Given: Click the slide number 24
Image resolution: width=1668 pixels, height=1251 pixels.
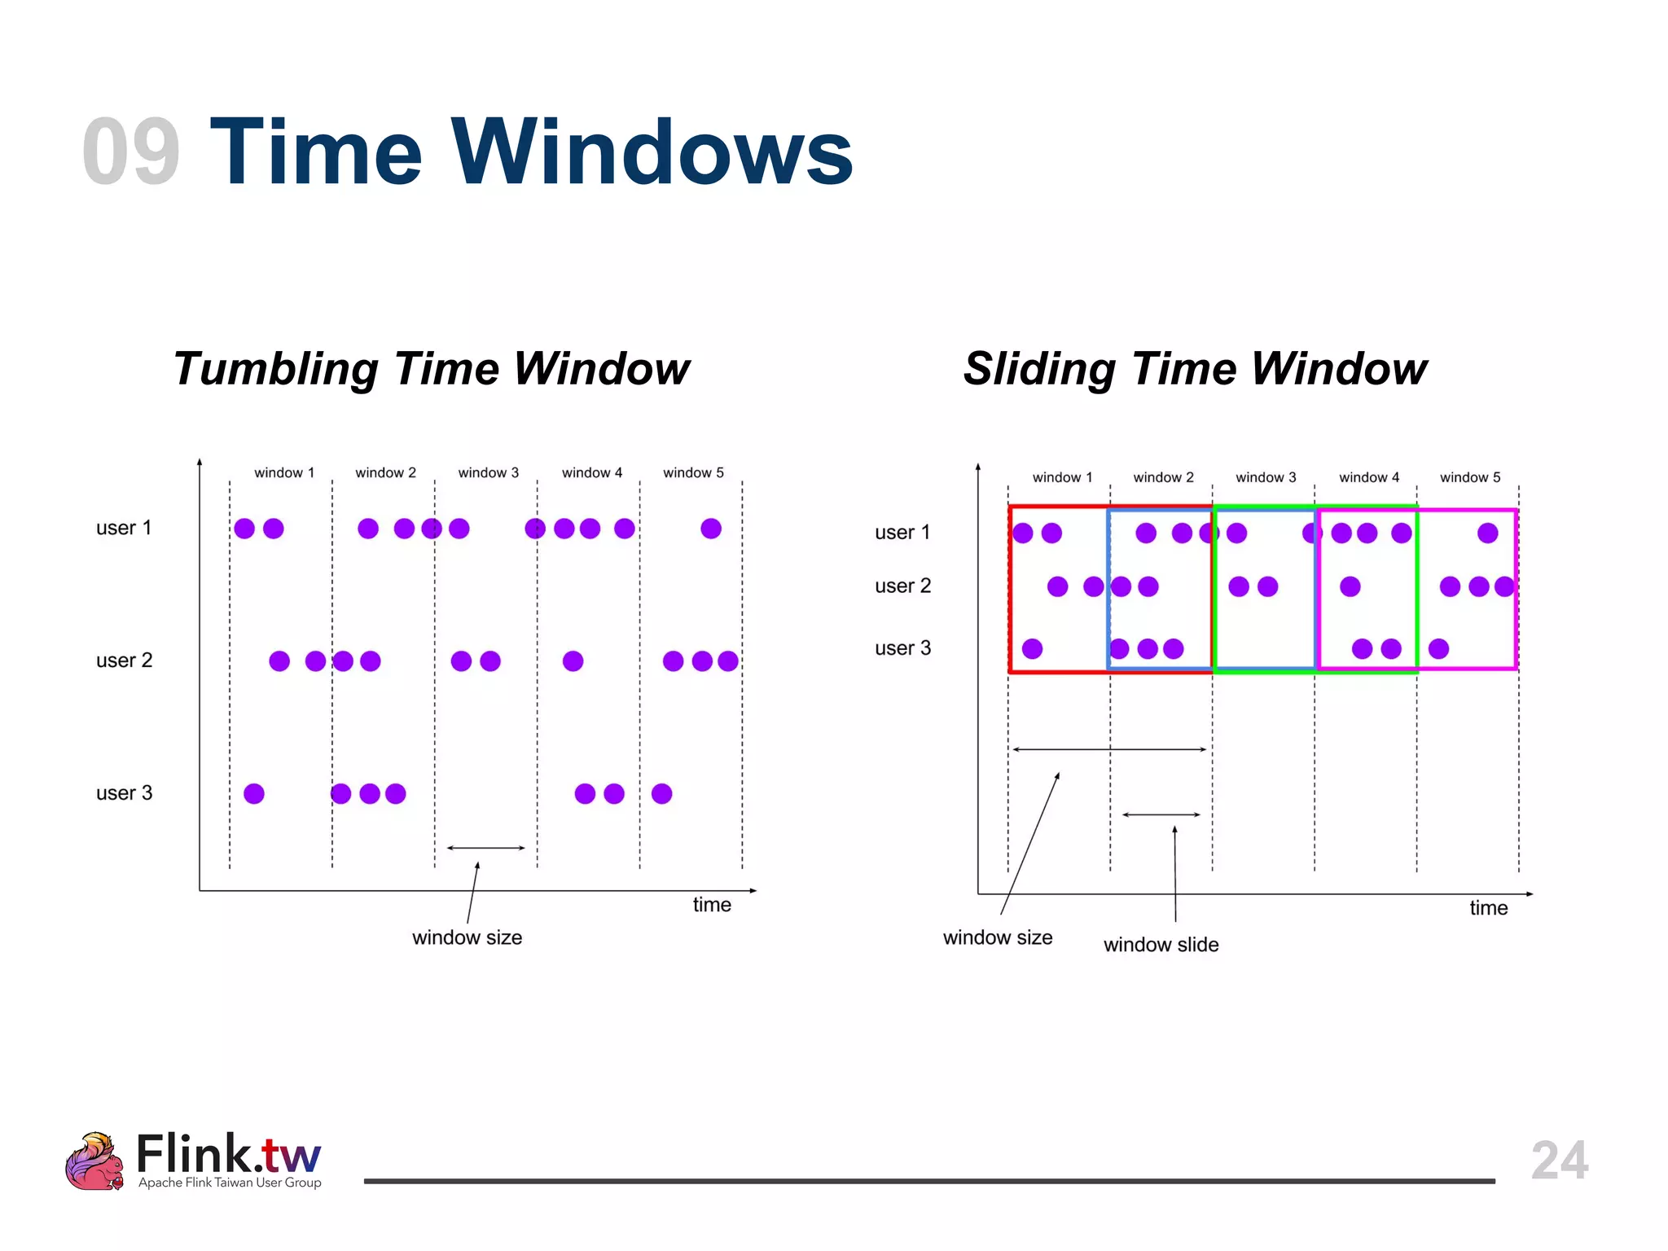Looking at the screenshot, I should click(1559, 1160).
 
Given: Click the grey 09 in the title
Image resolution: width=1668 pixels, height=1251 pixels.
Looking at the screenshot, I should click(131, 152).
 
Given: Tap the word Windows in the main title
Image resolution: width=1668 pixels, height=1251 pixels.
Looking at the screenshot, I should click(652, 152).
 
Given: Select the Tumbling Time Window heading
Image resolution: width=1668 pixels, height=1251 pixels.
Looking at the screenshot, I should click(431, 368).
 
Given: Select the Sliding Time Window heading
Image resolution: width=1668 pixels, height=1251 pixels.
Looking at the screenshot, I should click(1195, 368).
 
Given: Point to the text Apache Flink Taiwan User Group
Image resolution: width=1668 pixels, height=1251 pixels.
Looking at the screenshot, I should click(230, 1183).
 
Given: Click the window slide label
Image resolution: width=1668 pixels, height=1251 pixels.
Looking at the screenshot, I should click(1161, 945).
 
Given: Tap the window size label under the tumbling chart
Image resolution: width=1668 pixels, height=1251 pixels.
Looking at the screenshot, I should click(467, 937).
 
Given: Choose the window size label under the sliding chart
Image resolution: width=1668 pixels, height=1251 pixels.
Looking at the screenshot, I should click(997, 937).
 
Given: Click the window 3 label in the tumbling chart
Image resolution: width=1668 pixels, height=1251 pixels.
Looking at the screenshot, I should click(488, 472).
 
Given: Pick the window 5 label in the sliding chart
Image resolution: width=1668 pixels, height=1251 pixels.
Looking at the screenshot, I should click(1469, 477).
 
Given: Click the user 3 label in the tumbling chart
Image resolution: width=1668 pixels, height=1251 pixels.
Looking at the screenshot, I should click(124, 793).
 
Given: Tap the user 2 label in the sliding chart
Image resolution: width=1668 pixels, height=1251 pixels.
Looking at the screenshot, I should click(902, 586).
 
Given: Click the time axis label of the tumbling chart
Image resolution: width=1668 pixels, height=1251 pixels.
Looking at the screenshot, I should click(712, 905).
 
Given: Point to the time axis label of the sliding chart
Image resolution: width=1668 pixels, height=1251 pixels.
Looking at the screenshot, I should click(1488, 908).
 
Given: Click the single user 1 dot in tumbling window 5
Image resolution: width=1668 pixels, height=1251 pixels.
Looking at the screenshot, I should click(711, 529).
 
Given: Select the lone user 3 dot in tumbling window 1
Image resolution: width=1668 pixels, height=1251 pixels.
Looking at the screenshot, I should click(254, 793).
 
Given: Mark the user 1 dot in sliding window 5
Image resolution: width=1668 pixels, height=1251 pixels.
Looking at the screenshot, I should click(1487, 533).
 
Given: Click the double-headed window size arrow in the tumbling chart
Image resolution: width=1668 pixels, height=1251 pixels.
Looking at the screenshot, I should click(486, 848).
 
